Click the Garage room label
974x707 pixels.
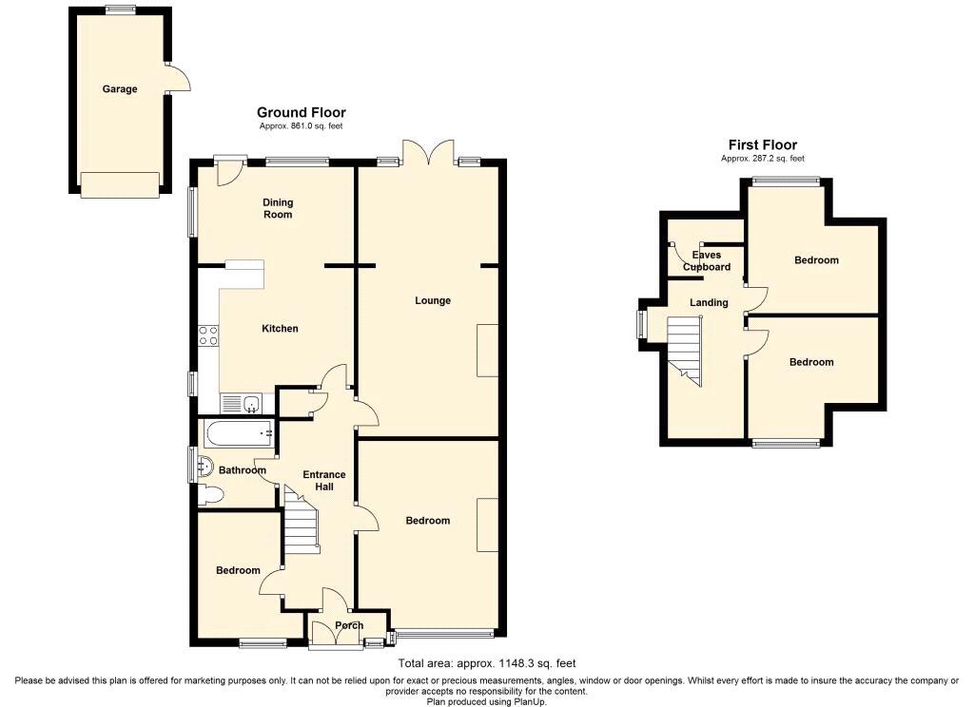[120, 89]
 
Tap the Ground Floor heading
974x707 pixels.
[301, 113]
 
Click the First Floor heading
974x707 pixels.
[762, 144]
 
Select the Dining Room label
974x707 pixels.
[278, 208]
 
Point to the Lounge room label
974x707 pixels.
[433, 300]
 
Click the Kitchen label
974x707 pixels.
[280, 329]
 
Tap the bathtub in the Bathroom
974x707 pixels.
[238, 435]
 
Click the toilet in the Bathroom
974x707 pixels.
[211, 494]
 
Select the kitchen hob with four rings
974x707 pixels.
[207, 334]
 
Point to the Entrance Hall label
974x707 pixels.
[324, 480]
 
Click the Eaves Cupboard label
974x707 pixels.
[707, 261]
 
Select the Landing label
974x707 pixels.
[710, 302]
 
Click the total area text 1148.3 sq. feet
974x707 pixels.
[487, 663]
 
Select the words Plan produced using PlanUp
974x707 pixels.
[487, 701]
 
